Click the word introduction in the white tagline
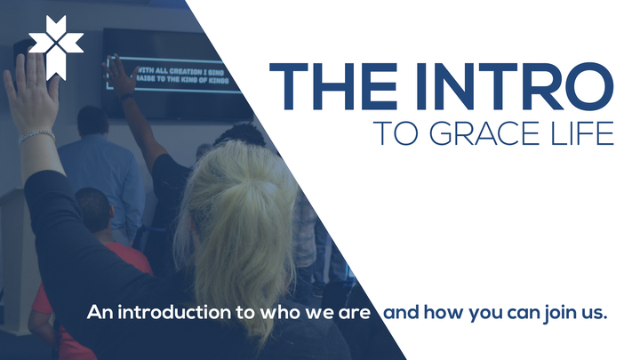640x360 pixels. pyautogui.click(x=166, y=313)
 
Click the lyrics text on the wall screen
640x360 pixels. pyautogui.click(x=182, y=72)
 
